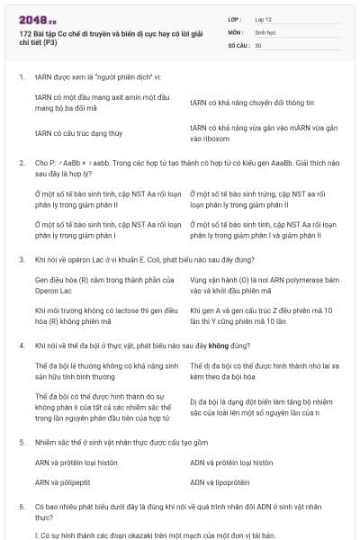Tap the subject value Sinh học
click(x=267, y=31)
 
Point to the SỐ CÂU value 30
click(x=258, y=44)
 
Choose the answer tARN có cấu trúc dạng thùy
click(x=79, y=132)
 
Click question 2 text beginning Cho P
click(x=180, y=167)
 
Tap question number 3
click(x=21, y=259)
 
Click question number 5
click(x=21, y=443)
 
